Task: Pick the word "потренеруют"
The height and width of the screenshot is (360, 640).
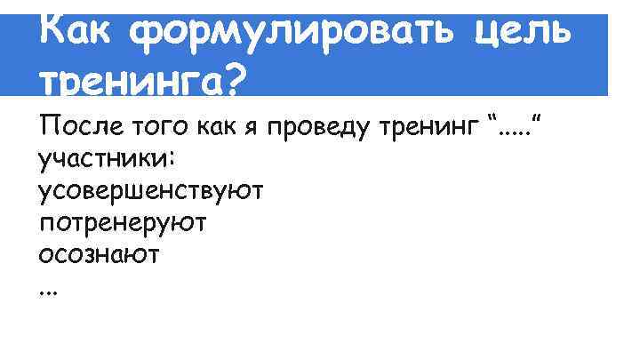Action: click(x=123, y=223)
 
